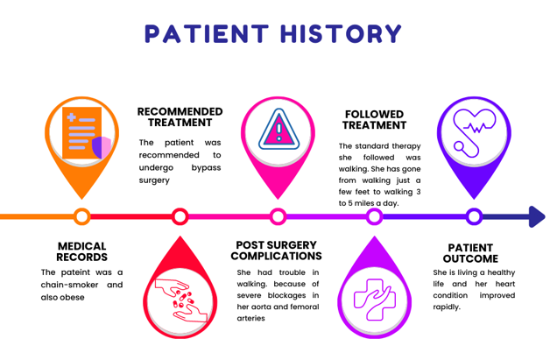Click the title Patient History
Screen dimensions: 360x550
[x=274, y=34]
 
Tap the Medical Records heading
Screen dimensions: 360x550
[x=81, y=251]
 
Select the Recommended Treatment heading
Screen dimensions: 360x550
[x=180, y=117]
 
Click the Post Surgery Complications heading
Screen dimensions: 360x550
[x=276, y=251]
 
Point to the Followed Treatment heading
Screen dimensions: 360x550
[x=374, y=120]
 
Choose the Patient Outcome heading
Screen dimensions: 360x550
[x=469, y=253]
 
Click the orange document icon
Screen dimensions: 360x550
[x=81, y=133]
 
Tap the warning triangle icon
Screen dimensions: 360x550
[x=278, y=132]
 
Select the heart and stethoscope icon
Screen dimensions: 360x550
[x=473, y=132]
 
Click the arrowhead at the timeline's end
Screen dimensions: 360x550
[x=536, y=216]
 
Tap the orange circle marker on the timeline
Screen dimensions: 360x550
[x=81, y=216]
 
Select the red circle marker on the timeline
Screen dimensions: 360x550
[x=180, y=216]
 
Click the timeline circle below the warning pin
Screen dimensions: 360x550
[x=278, y=216]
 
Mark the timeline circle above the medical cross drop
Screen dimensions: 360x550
[x=375, y=216]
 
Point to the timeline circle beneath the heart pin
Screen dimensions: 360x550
[x=474, y=216]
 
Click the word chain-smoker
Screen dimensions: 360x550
[x=73, y=285]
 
